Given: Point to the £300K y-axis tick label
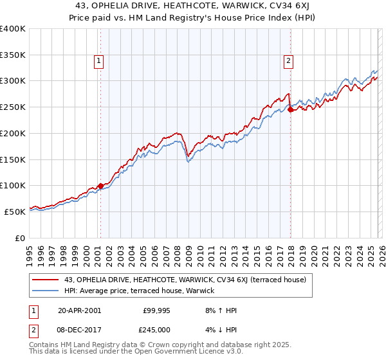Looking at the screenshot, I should click(13, 81).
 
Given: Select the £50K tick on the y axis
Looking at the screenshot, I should click(15, 212).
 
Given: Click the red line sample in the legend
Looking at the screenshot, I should click(46, 280).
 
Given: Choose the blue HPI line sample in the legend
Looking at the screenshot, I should click(46, 291).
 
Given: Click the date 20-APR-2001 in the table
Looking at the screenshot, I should click(79, 310).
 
